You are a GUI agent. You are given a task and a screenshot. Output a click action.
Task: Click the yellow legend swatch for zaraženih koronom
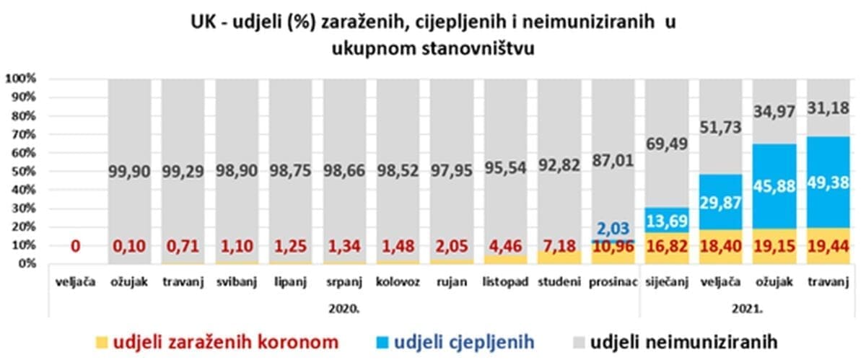[102, 339]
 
